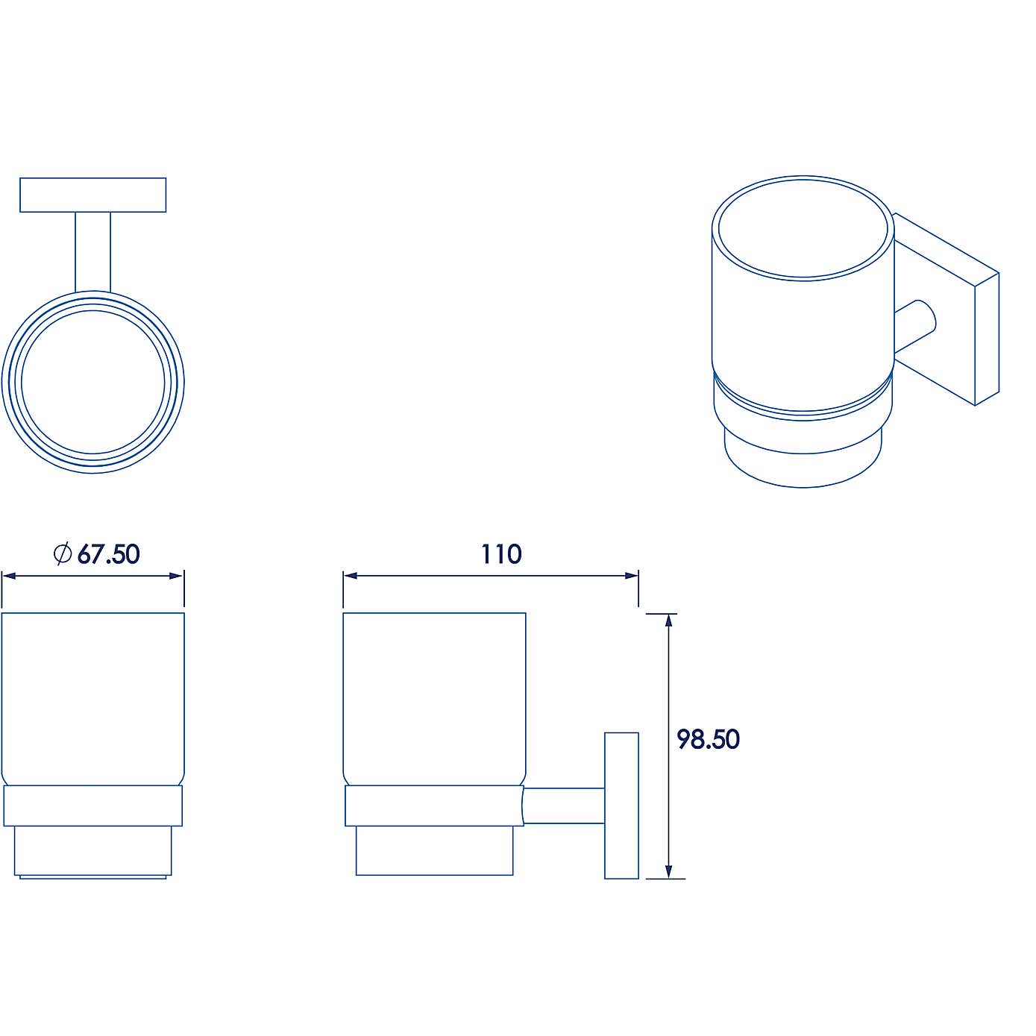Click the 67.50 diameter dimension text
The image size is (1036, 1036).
tap(109, 554)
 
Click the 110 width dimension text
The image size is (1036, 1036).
tap(501, 554)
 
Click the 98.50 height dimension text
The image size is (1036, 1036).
tap(708, 739)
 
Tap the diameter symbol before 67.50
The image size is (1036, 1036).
tap(63, 554)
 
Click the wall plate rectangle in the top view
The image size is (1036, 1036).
tap(93, 195)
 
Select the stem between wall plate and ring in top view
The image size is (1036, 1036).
tap(93, 251)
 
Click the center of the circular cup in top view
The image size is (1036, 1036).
tap(93, 383)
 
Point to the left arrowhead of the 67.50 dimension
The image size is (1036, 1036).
tap(9, 576)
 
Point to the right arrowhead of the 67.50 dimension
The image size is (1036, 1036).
tap(177, 576)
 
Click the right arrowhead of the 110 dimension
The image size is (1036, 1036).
tap(632, 576)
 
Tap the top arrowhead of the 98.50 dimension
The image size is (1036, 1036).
tap(669, 620)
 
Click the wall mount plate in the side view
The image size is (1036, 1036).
tap(621, 806)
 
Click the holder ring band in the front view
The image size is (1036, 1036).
tap(93, 806)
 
